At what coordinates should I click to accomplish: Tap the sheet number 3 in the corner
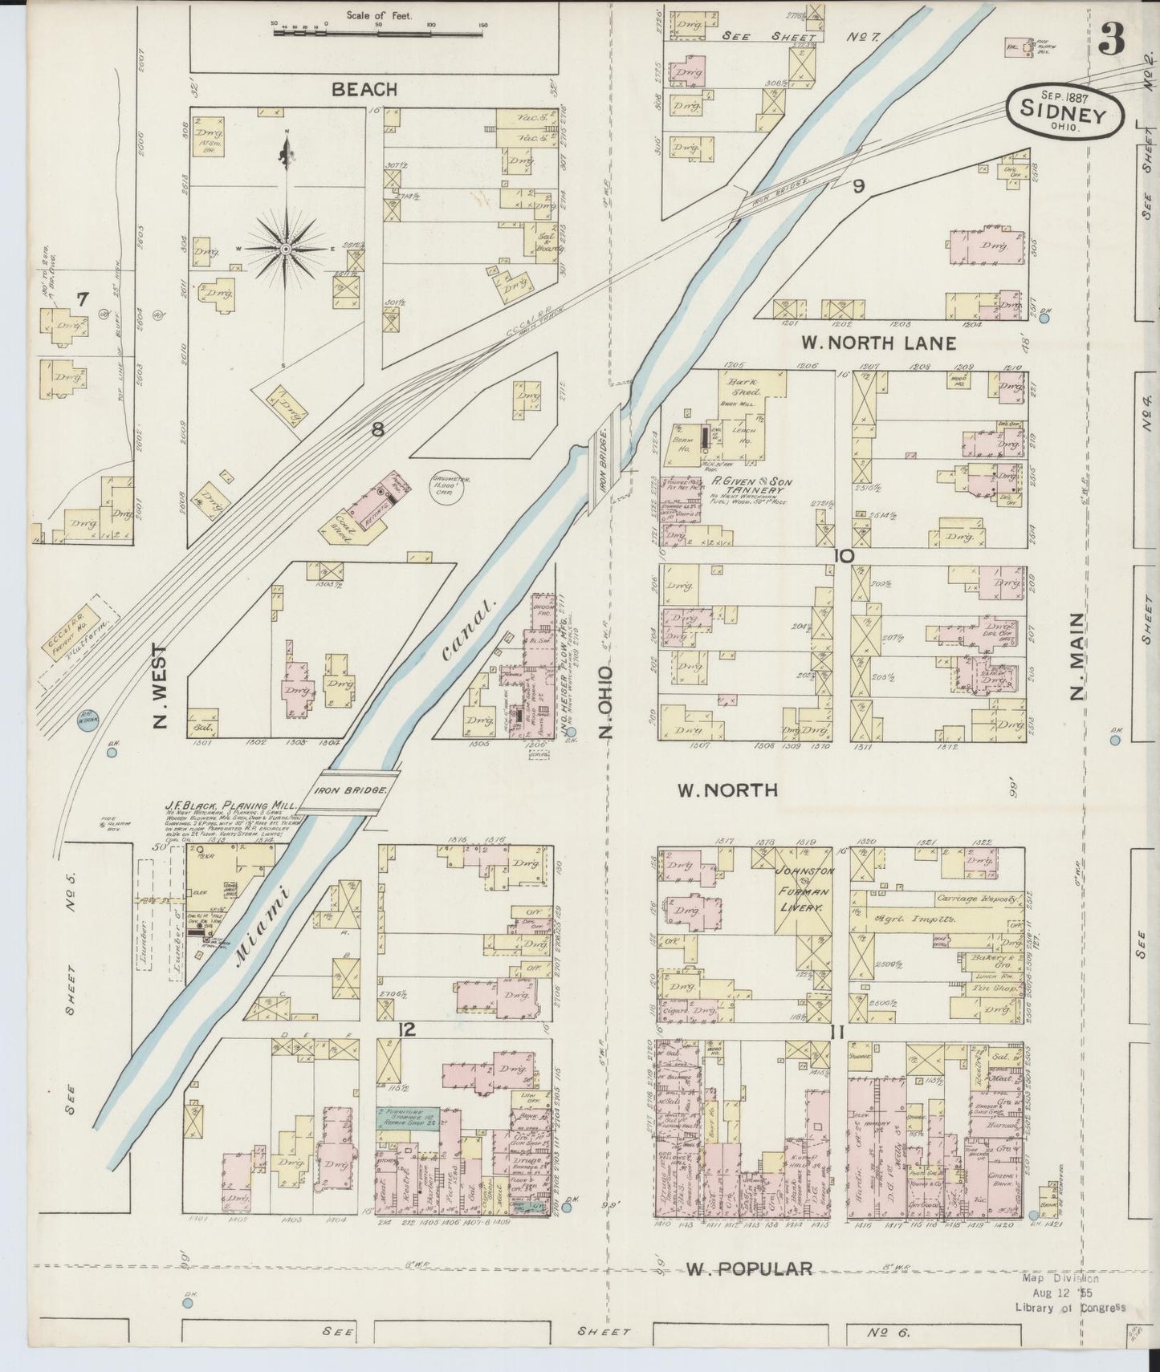(1112, 38)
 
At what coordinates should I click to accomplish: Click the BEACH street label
(365, 89)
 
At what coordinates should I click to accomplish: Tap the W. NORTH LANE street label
(878, 343)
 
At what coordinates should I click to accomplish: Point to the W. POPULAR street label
(750, 1268)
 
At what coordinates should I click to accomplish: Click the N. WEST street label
(160, 686)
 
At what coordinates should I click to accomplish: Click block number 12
(408, 1029)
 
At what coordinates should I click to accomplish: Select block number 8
(377, 429)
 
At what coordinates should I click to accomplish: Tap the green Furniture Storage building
(407, 1119)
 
